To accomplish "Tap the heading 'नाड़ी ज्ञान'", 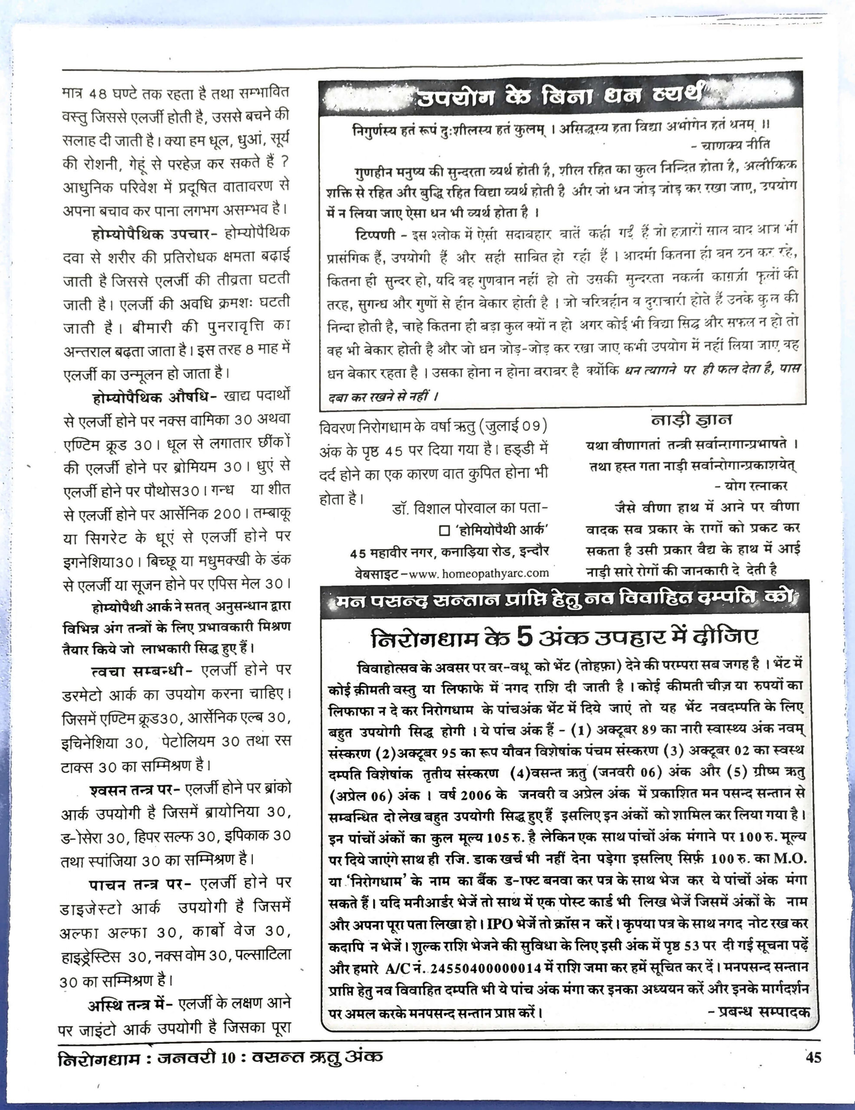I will (x=691, y=420).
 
